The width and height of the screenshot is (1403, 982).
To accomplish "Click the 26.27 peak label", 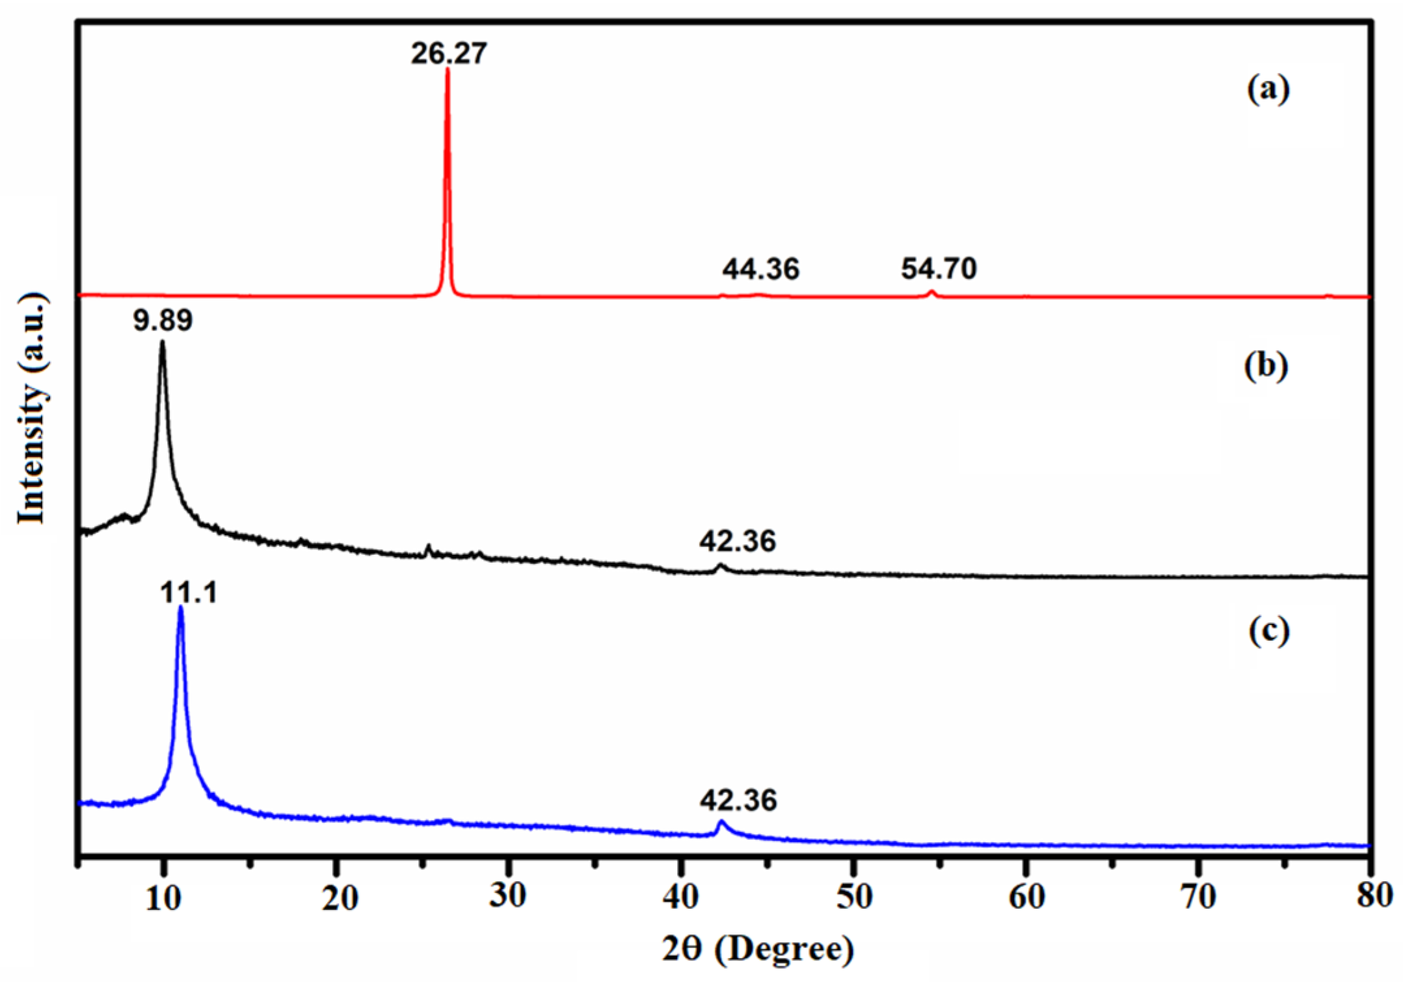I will pyautogui.click(x=448, y=53).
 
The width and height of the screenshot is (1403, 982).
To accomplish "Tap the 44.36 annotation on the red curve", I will pyautogui.click(x=760, y=269).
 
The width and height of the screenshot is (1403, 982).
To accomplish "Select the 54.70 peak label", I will pyautogui.click(x=939, y=268).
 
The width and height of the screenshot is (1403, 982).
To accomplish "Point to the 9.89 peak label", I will pyautogui.click(x=163, y=321).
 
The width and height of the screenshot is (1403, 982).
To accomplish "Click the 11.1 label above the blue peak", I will pyautogui.click(x=189, y=593).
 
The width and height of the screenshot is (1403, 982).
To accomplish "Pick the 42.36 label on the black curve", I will pyautogui.click(x=738, y=541).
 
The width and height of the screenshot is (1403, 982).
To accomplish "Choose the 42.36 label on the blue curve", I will pyautogui.click(x=738, y=800).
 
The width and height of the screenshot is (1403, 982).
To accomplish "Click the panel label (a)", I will pyautogui.click(x=1268, y=89).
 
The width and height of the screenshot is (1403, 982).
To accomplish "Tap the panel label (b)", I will pyautogui.click(x=1266, y=366).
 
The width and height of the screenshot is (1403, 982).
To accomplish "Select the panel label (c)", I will pyautogui.click(x=1268, y=631).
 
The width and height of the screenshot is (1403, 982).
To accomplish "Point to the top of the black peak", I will pyautogui.click(x=162, y=343).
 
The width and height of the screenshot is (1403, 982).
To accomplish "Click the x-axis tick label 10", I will pyautogui.click(x=163, y=897).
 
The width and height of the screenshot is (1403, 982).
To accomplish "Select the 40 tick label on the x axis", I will pyautogui.click(x=680, y=897).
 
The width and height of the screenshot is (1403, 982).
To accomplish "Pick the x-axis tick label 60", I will pyautogui.click(x=1026, y=897).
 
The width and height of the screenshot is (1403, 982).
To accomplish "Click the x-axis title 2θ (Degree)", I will pyautogui.click(x=758, y=949).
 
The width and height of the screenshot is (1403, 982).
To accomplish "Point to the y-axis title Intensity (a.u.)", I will pyautogui.click(x=31, y=408).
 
